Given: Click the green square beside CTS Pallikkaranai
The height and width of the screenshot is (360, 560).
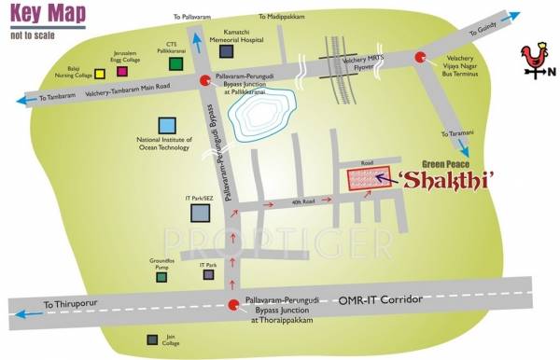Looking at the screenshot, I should click(175, 64).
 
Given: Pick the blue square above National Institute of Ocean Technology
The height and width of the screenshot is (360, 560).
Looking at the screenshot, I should click(168, 125).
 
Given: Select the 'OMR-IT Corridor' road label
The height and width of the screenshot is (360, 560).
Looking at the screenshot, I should click(382, 298).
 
